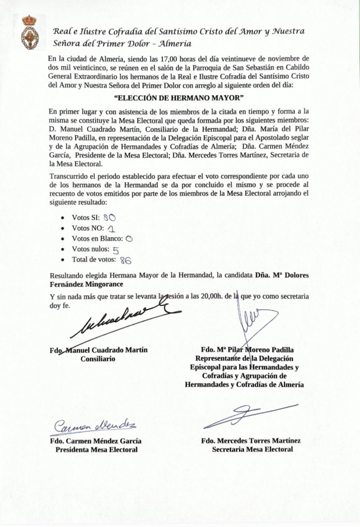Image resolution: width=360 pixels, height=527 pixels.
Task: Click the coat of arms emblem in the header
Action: (29, 32)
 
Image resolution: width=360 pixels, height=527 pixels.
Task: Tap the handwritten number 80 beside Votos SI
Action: (109, 217)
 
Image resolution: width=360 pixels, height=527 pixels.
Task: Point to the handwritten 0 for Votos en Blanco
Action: (129, 239)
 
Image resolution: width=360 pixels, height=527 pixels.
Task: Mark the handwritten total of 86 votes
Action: (125, 261)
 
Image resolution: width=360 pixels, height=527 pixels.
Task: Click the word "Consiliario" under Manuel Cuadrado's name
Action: (98, 359)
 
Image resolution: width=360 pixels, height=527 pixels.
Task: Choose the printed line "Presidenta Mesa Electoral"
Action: (96, 450)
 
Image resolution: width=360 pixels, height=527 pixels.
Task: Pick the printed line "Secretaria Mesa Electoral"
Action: (253, 450)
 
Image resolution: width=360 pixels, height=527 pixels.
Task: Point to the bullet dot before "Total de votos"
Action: (62, 261)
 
